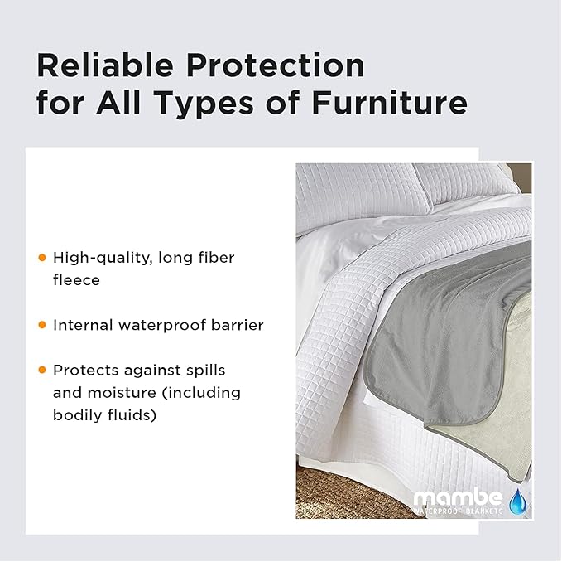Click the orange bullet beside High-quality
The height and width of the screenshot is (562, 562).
tap(42, 258)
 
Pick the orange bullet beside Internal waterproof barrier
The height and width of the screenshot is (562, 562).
tap(42, 325)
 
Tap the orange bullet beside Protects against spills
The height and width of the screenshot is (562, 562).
tap(42, 370)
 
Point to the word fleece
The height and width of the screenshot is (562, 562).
tap(76, 280)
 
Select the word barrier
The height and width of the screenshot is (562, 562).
tap(237, 325)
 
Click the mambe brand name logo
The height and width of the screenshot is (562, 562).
tap(457, 498)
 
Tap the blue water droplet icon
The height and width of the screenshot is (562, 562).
tap(517, 500)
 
